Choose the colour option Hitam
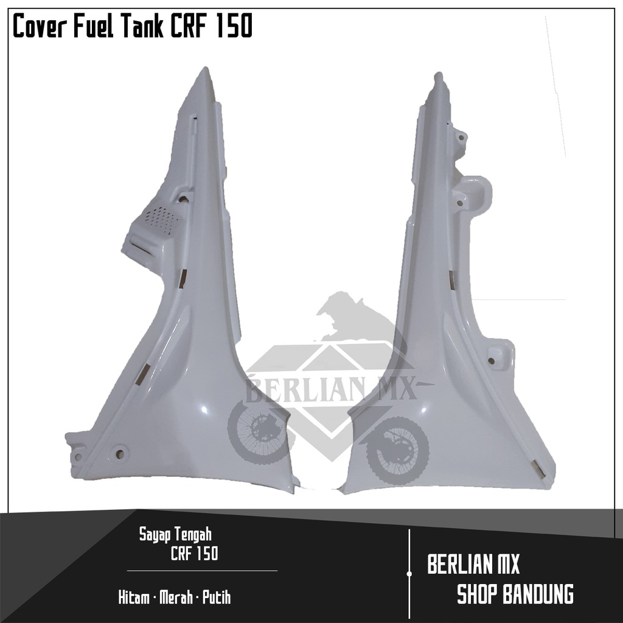tap(134, 597)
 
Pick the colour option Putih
tap(216, 597)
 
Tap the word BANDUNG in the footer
tap(536, 593)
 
